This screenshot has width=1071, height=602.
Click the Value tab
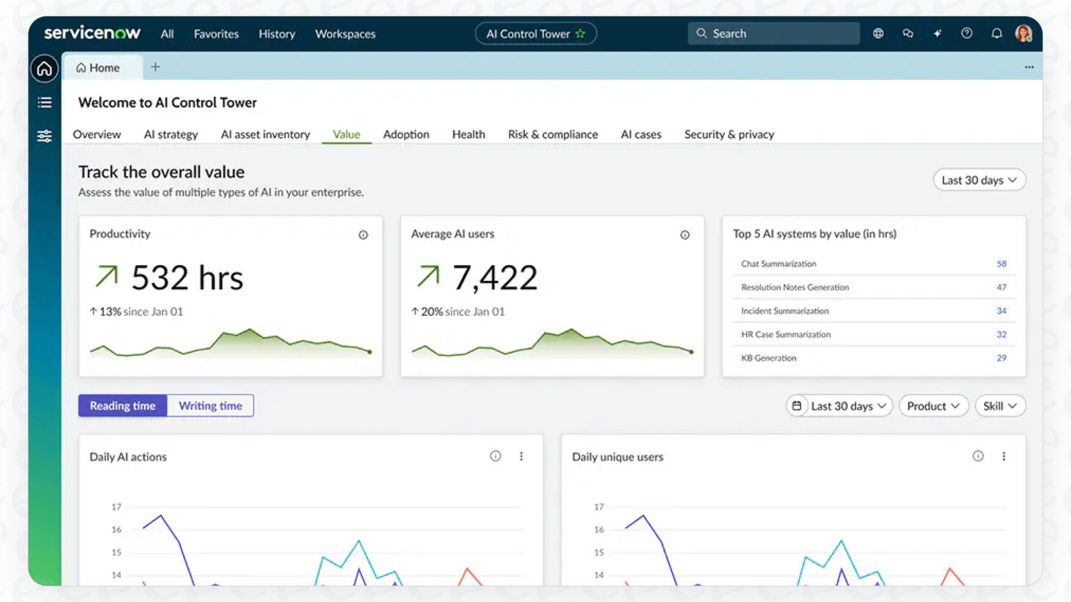pyautogui.click(x=346, y=134)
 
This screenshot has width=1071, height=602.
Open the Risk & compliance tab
pyautogui.click(x=553, y=134)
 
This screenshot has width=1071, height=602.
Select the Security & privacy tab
pyautogui.click(x=729, y=134)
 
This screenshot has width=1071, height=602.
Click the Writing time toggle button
pyautogui.click(x=210, y=406)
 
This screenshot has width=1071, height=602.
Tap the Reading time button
pyautogui.click(x=122, y=406)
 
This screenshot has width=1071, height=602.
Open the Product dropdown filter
pyautogui.click(x=933, y=406)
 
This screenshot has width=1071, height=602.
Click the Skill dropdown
pyautogui.click(x=1000, y=406)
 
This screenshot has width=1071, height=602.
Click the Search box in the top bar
pyautogui.click(x=773, y=34)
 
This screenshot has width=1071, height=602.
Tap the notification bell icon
pyautogui.click(x=996, y=34)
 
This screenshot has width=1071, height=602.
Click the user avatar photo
pyautogui.click(x=1023, y=34)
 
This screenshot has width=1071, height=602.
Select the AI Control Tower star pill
pyautogui.click(x=535, y=34)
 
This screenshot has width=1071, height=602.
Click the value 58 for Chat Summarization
pyautogui.click(x=1002, y=264)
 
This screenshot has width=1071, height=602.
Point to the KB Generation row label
pyautogui.click(x=768, y=358)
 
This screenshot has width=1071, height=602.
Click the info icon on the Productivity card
pyautogui.click(x=363, y=235)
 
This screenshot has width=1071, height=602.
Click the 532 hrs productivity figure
pyautogui.click(x=187, y=278)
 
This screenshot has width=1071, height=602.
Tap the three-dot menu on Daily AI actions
pyautogui.click(x=521, y=456)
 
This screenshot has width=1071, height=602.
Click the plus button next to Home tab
pyautogui.click(x=156, y=67)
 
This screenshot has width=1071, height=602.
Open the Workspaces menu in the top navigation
pyautogui.click(x=345, y=34)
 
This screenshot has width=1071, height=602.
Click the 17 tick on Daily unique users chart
pyautogui.click(x=599, y=507)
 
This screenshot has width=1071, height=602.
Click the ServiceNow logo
pyautogui.click(x=92, y=33)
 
